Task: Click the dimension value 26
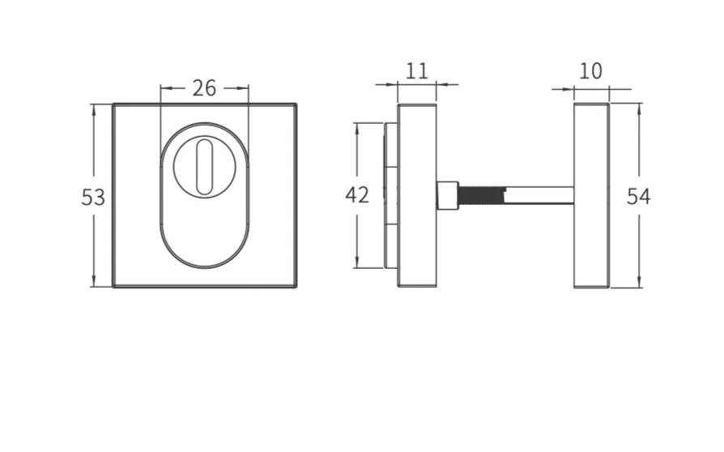point(204,87)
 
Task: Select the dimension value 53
point(93,197)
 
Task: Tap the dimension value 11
point(416,70)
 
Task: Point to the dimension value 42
point(357,195)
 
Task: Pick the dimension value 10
point(591,71)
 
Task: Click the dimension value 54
point(638,197)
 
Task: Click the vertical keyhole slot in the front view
point(204,166)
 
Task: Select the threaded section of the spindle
point(480,195)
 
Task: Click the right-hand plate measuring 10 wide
point(591,195)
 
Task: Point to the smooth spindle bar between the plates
point(538,195)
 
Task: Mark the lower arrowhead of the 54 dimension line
point(639,283)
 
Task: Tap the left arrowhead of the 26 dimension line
point(164,87)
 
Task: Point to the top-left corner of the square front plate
point(114,104)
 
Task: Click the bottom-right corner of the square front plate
point(296,287)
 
